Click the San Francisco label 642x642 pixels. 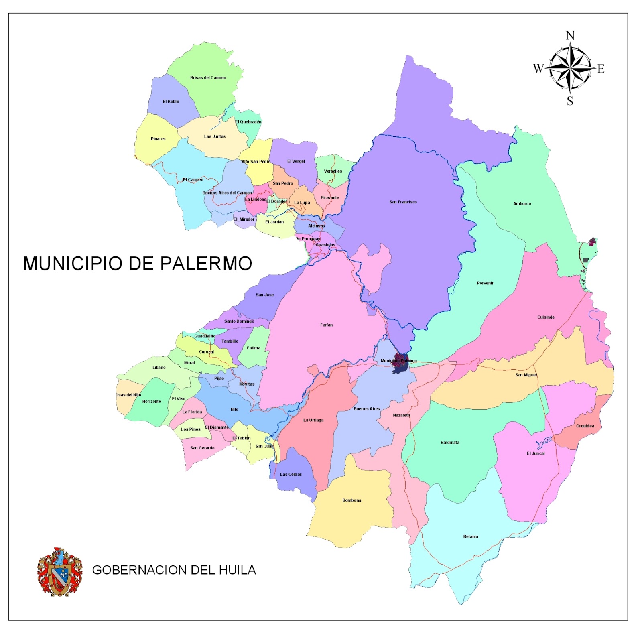(x=403, y=202)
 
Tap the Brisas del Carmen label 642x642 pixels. (x=208, y=77)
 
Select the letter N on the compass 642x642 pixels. (x=570, y=36)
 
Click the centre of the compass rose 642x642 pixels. (x=570, y=68)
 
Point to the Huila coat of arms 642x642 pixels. (x=59, y=571)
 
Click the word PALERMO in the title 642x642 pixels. (x=206, y=264)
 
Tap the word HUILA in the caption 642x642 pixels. (x=237, y=570)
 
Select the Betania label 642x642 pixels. (x=471, y=536)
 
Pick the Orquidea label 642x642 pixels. (x=585, y=426)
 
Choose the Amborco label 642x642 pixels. (x=522, y=203)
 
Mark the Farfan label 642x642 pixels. (x=326, y=325)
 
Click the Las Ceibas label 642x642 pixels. (x=291, y=474)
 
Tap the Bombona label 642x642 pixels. (x=351, y=500)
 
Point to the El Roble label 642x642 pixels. (x=171, y=101)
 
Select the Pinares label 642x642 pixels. (x=158, y=139)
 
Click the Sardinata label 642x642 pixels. (x=450, y=442)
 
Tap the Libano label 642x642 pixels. (x=159, y=367)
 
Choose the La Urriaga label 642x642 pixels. (x=313, y=420)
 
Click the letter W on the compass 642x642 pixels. (x=538, y=69)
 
